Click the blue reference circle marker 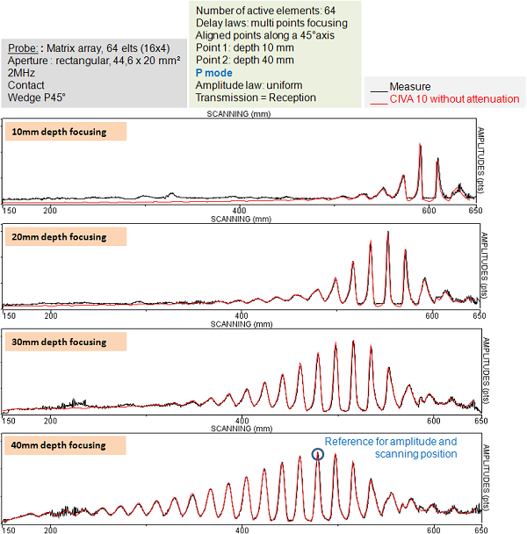[x=318, y=454]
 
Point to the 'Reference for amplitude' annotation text [x=391, y=441]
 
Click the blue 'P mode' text [x=214, y=73]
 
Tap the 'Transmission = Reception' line [x=256, y=97]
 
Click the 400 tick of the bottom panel [x=240, y=530]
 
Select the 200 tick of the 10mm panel [x=50, y=211]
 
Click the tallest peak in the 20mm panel [x=388, y=234]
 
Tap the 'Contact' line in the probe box [x=25, y=86]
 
